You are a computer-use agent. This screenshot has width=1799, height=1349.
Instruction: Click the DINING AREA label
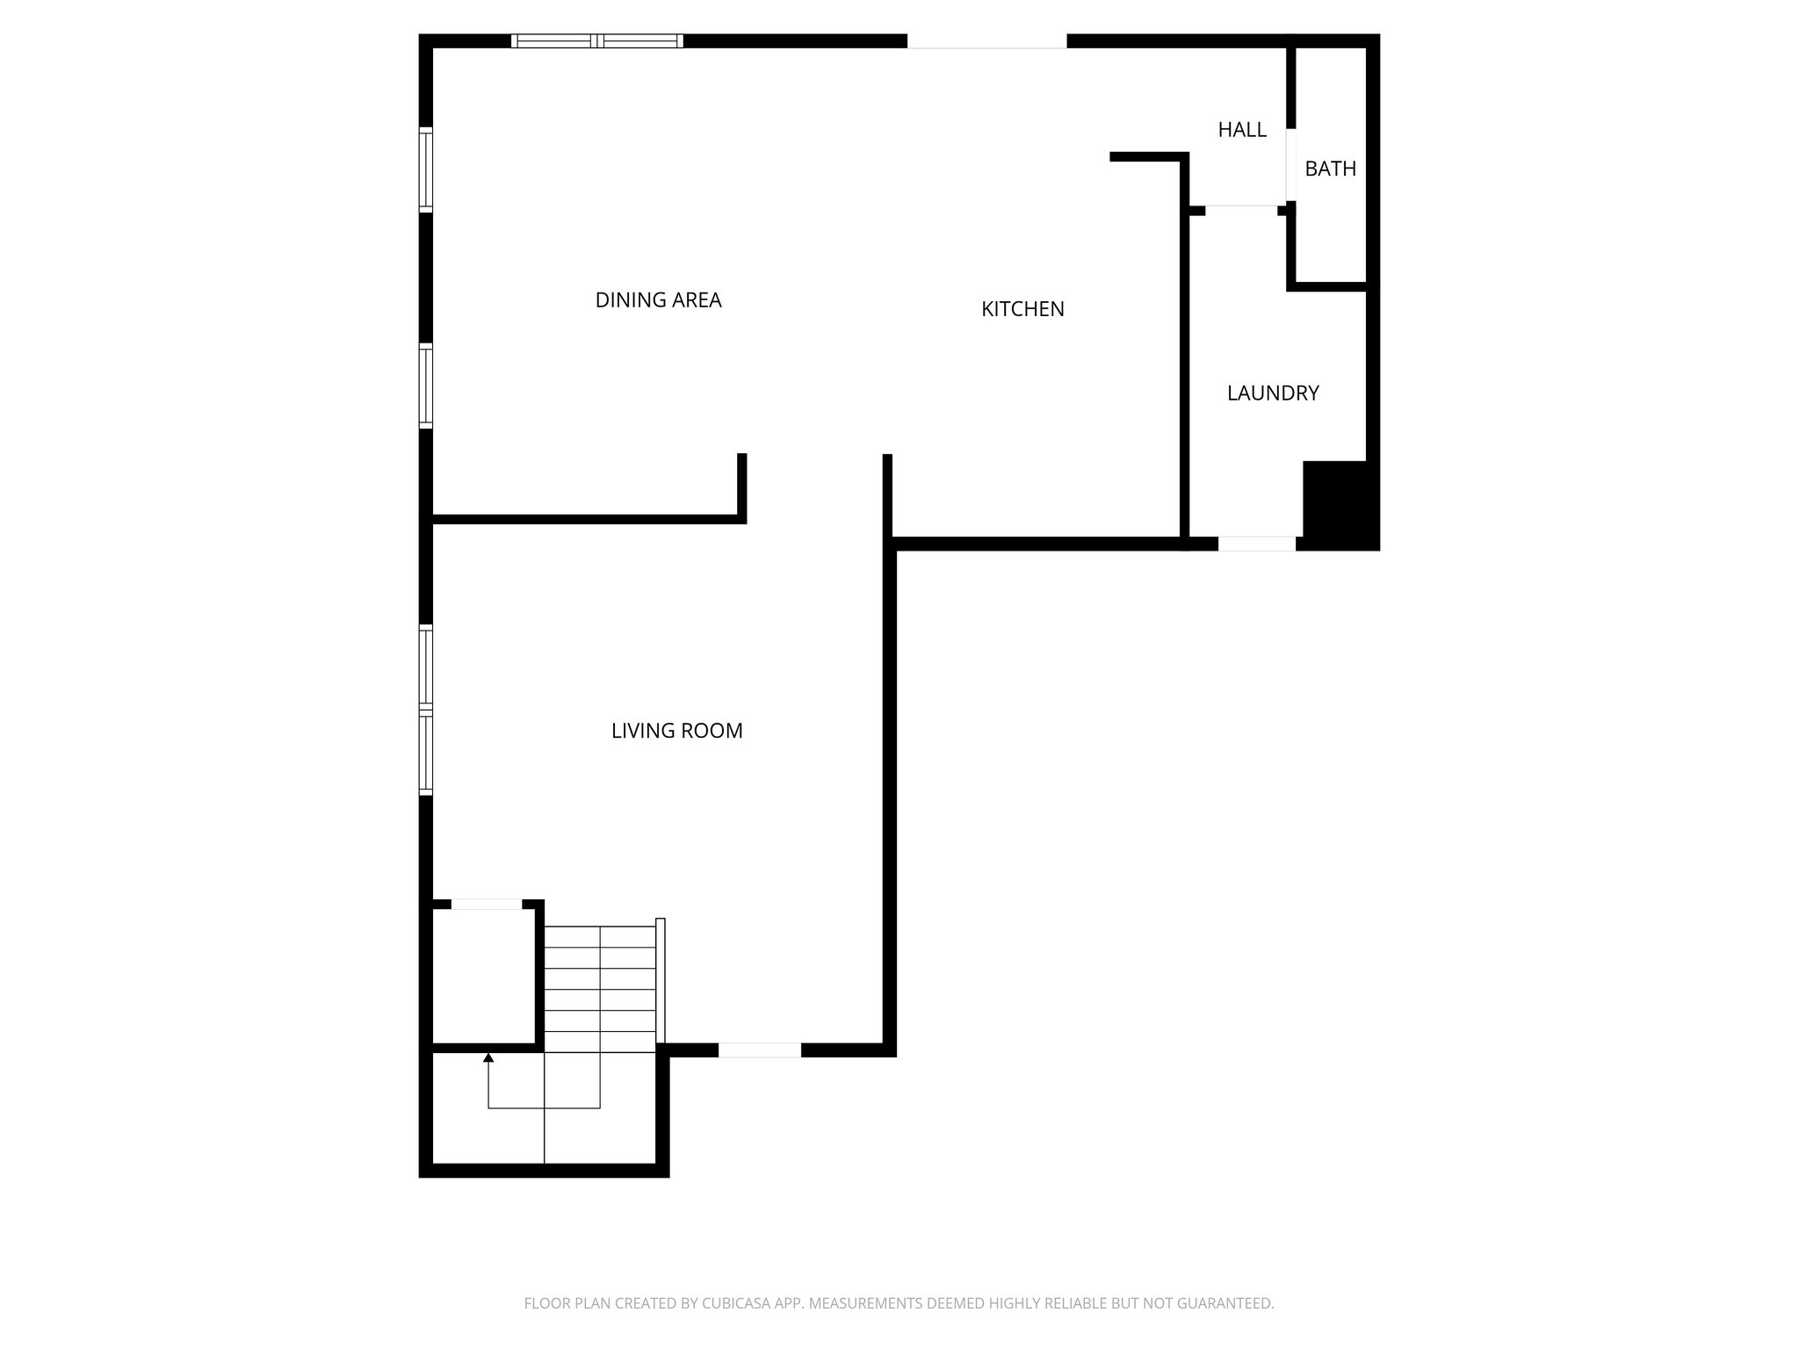coord(658,300)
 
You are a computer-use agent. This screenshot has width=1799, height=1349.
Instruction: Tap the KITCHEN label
coord(1022,309)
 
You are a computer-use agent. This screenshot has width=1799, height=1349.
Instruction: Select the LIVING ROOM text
coord(676,731)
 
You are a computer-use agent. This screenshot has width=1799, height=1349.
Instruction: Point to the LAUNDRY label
coord(1273,393)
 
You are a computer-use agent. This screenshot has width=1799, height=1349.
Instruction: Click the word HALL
coord(1241,130)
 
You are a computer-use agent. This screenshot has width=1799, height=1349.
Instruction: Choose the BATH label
coord(1330,169)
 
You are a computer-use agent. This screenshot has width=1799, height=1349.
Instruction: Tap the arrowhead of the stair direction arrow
coord(488,1057)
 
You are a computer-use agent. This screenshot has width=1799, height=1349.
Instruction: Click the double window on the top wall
coord(596,40)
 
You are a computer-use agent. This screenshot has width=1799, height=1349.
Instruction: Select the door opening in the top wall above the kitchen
coord(986,41)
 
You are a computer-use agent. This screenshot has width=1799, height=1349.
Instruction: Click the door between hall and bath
coord(1290,165)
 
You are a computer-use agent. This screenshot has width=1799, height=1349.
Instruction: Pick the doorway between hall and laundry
coord(1240,208)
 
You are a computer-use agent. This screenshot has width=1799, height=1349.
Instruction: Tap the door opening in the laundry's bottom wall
coord(1256,545)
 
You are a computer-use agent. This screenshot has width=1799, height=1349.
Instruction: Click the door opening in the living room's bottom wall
coord(760,1050)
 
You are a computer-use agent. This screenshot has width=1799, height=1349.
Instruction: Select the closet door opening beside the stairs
coord(486,905)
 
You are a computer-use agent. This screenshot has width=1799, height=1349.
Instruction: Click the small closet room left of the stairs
coord(483,977)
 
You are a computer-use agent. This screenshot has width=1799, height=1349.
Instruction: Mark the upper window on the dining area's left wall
coord(426,170)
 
